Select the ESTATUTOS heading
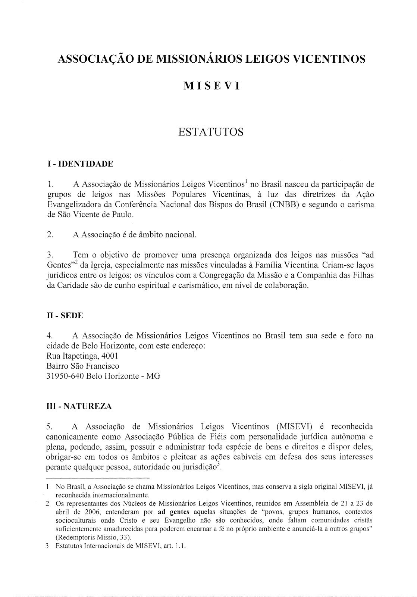pos(211,132)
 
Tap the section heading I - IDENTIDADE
pos(78,164)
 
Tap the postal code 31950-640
pos(64,376)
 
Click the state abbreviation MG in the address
pos(153,376)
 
